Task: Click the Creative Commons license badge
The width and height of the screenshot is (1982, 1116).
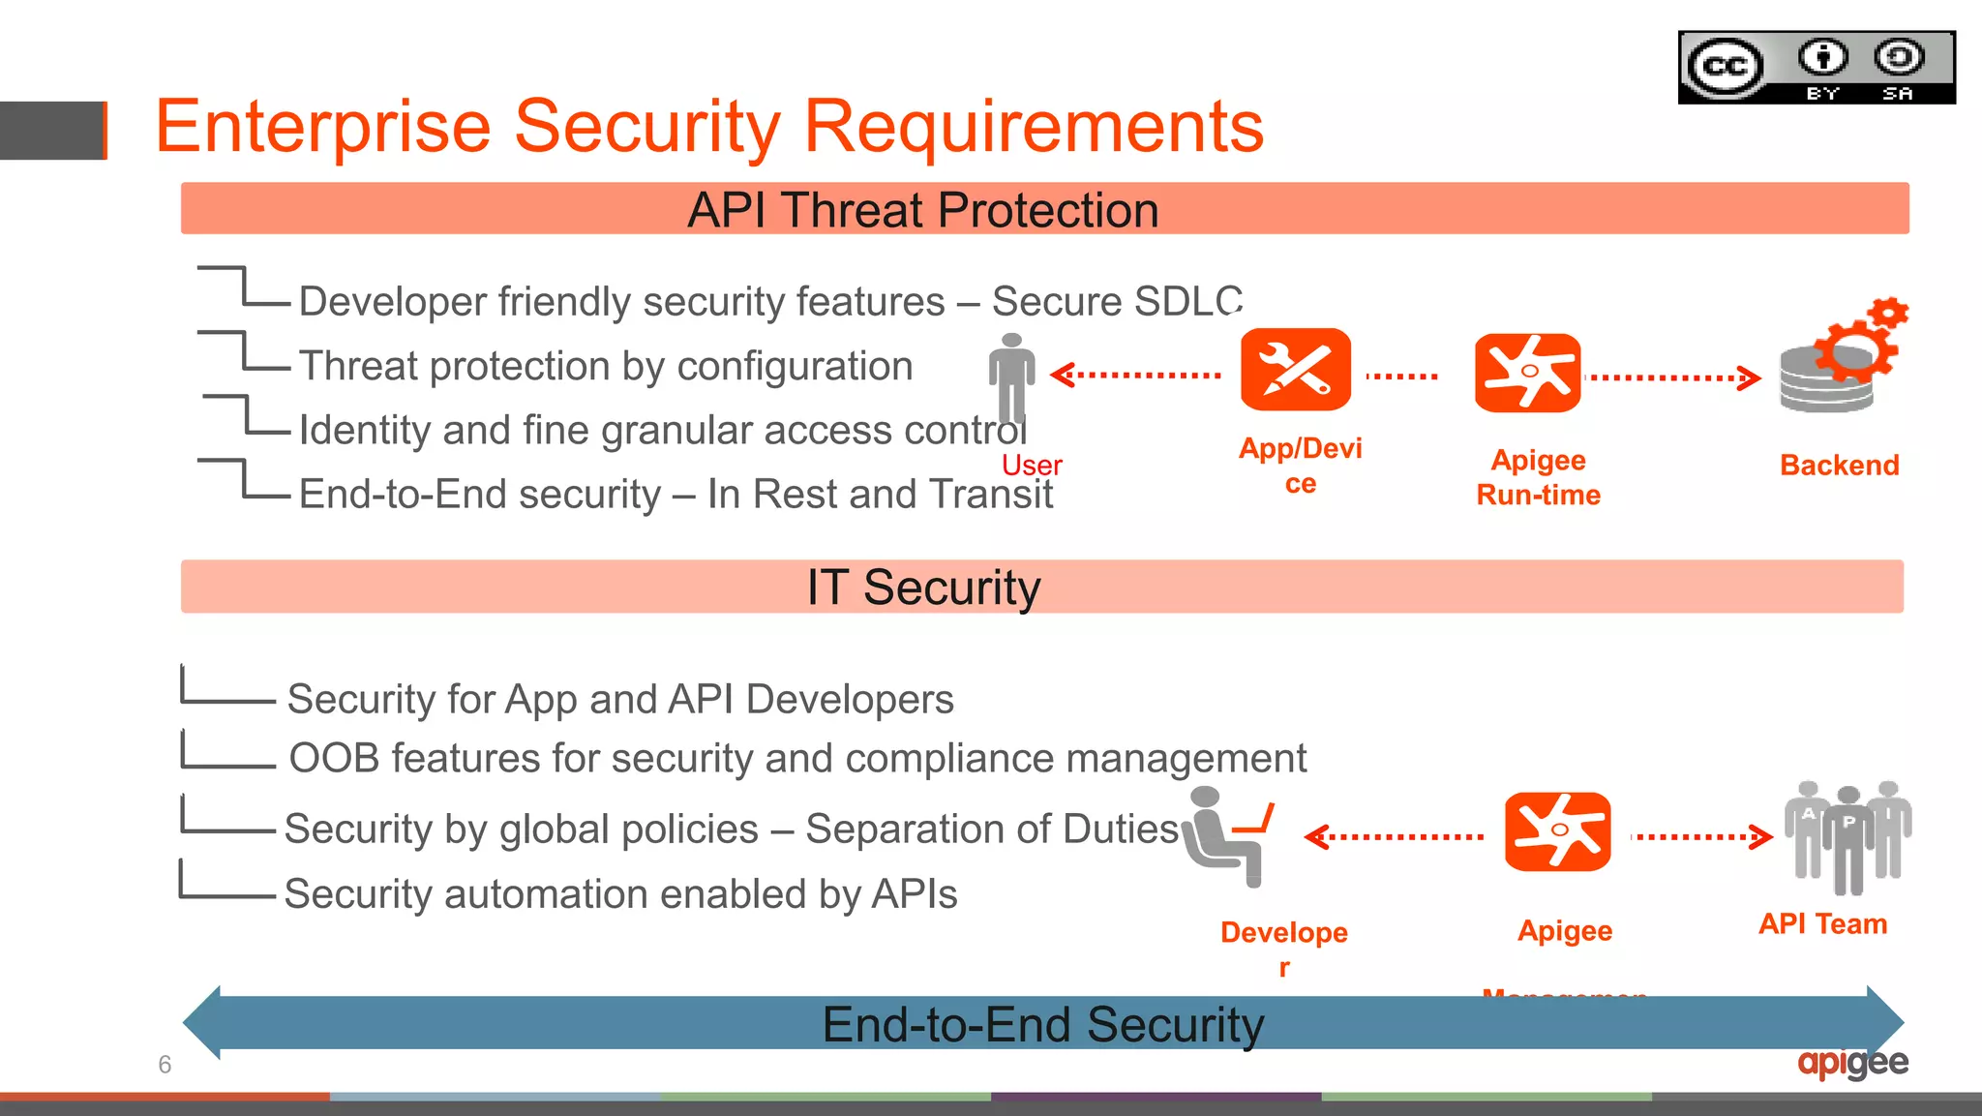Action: pyautogui.click(x=1816, y=67)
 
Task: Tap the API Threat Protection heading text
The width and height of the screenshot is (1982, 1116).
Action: pyautogui.click(x=922, y=210)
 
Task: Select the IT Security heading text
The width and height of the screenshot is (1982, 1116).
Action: pyautogui.click(x=923, y=588)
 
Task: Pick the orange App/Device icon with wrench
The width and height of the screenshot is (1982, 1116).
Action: pyautogui.click(x=1295, y=370)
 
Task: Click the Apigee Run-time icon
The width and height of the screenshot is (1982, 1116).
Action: pyautogui.click(x=1527, y=373)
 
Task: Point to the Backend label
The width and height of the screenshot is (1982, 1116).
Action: pyautogui.click(x=1839, y=466)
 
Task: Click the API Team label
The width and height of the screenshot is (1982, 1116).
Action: pyautogui.click(x=1822, y=924)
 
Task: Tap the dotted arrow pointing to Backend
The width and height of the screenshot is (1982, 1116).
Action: pyautogui.click(x=1674, y=377)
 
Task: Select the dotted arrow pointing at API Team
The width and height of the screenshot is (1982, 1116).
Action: pyautogui.click(x=1702, y=836)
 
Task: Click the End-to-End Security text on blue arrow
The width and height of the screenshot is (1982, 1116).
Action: pyautogui.click(x=1042, y=1025)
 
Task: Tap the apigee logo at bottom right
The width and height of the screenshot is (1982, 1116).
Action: pyautogui.click(x=1852, y=1063)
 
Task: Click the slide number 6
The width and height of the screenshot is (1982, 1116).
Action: pyautogui.click(x=165, y=1065)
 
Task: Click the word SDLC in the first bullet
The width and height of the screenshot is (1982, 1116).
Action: pyautogui.click(x=1188, y=302)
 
